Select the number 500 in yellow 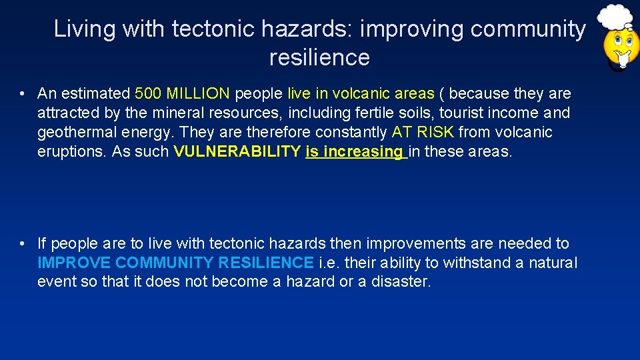pyautogui.click(x=148, y=93)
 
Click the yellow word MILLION pyautogui.click(x=197, y=93)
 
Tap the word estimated pyautogui.click(x=97, y=93)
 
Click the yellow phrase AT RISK pyautogui.click(x=423, y=132)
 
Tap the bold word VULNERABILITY pyautogui.click(x=237, y=151)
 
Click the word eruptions pyautogui.click(x=72, y=151)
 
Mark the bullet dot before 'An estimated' pyautogui.click(x=23, y=93)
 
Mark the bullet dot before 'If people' pyautogui.click(x=23, y=244)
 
